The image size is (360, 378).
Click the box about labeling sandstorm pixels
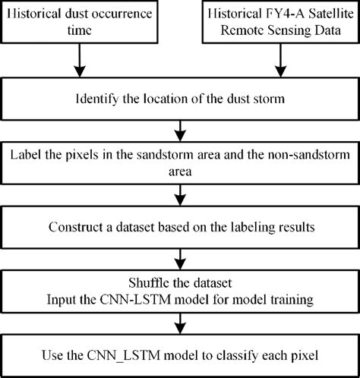click(180, 163)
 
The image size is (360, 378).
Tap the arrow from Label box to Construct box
click(180, 194)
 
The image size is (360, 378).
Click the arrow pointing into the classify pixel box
click(180, 322)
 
